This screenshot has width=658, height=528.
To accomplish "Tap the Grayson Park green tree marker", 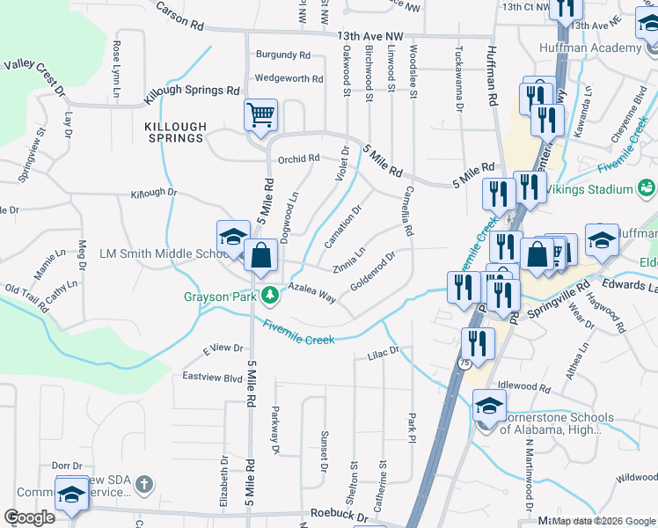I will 273,296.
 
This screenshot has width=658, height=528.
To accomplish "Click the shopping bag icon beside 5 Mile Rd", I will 261,257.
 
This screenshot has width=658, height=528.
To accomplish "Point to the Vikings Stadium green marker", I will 647,188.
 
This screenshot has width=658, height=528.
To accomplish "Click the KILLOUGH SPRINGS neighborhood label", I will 174,132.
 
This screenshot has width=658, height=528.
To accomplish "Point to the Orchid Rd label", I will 298,159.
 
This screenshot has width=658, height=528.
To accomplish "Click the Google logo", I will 28,517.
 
